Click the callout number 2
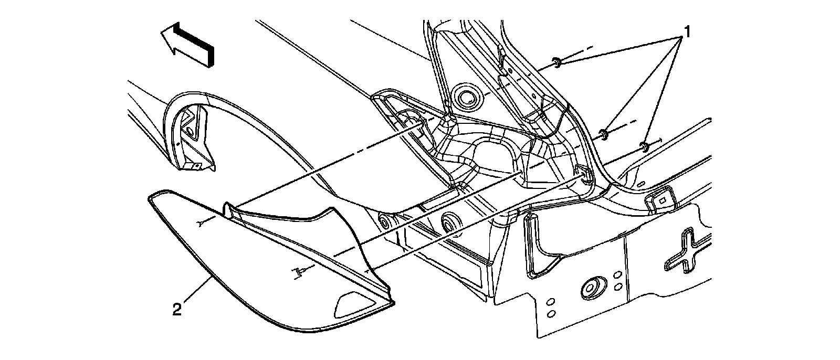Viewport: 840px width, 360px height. (177, 310)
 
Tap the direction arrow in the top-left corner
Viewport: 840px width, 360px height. (187, 45)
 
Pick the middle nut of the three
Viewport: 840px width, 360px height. (604, 134)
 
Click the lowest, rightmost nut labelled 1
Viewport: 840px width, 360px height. (644, 145)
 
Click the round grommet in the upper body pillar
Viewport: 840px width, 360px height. (464, 96)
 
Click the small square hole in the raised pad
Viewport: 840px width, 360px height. (662, 199)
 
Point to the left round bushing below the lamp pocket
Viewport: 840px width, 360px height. (386, 224)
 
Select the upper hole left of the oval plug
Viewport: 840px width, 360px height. (551, 303)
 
